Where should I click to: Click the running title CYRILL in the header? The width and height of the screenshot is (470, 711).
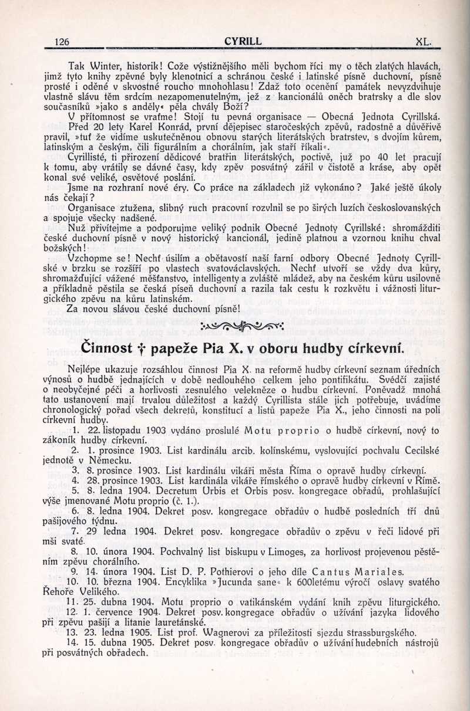[x=243, y=41]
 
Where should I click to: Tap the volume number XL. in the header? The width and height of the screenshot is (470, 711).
[x=424, y=42]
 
